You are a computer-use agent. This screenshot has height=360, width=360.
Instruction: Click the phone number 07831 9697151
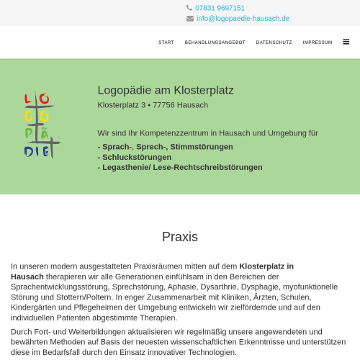220,8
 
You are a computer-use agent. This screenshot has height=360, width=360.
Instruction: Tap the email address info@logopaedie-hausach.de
243,19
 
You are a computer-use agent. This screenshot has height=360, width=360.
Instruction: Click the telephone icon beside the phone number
190,8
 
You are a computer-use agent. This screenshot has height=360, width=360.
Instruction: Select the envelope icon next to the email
190,19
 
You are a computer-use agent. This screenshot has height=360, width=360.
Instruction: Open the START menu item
166,42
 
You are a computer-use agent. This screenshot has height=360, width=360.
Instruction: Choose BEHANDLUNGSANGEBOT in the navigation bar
215,42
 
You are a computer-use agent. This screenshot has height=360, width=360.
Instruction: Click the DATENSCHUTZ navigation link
274,42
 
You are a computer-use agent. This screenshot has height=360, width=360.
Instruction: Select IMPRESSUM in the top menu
318,42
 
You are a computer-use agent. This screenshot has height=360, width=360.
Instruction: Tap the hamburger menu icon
346,42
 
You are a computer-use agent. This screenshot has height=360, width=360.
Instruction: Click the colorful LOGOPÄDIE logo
40,125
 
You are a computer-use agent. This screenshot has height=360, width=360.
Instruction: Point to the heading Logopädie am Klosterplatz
166,90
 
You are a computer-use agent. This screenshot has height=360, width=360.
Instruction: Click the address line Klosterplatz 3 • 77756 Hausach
153,105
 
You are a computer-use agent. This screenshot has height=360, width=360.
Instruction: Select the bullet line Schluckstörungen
137,157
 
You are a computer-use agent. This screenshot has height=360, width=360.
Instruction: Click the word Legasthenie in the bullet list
127,167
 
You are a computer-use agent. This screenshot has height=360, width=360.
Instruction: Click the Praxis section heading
180,237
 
